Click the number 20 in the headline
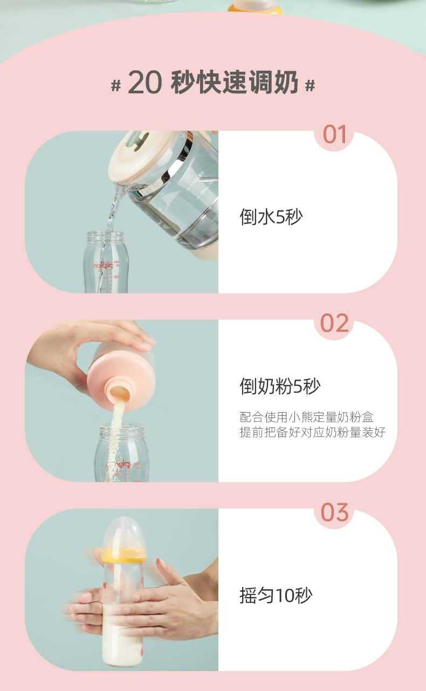coord(145,83)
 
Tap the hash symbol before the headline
coord(116,85)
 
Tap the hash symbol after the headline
coord(310,85)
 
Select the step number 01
coord(334,134)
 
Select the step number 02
coord(334,323)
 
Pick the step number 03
coord(334,512)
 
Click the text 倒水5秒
coord(271,216)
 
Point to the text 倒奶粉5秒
coord(280,386)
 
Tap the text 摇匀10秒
coord(276,596)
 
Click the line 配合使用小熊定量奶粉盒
coord(307,417)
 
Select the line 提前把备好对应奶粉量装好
coord(312,432)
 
